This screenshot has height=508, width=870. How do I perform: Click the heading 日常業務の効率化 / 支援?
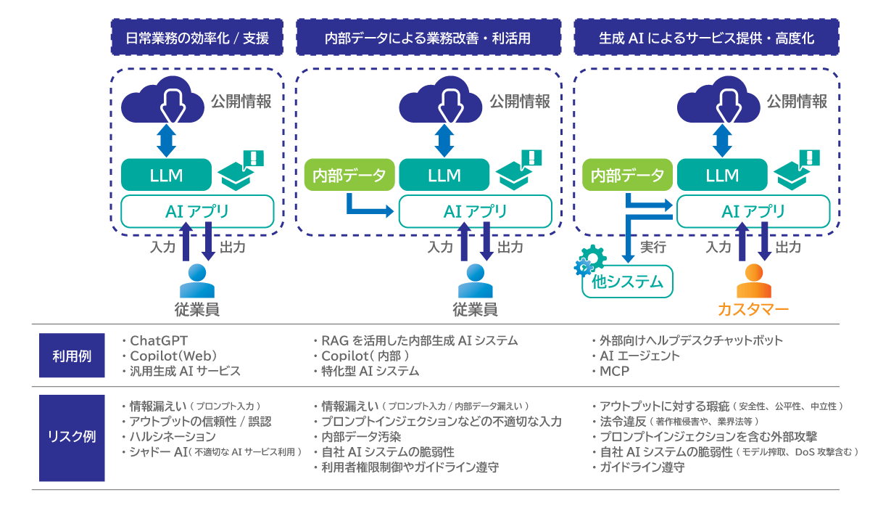click(x=197, y=38)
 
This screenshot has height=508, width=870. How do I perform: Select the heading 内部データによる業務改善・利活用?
click(x=428, y=38)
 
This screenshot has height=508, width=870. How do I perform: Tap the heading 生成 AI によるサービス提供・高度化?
click(x=706, y=38)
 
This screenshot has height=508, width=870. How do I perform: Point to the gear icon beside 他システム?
click(x=589, y=261)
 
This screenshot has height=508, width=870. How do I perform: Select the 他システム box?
click(x=628, y=282)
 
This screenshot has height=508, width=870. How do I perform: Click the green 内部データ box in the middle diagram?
click(x=349, y=175)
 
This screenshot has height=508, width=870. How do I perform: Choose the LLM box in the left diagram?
click(x=166, y=175)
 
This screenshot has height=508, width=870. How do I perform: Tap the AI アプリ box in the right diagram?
click(x=753, y=211)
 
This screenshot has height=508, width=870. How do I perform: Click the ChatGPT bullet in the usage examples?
click(x=164, y=340)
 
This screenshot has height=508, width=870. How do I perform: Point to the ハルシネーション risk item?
click(x=172, y=437)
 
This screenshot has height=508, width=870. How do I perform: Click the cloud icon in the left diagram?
click(x=167, y=103)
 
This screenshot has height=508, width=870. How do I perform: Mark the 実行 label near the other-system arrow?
click(x=652, y=247)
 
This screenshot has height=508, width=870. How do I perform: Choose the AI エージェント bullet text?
click(x=639, y=356)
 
